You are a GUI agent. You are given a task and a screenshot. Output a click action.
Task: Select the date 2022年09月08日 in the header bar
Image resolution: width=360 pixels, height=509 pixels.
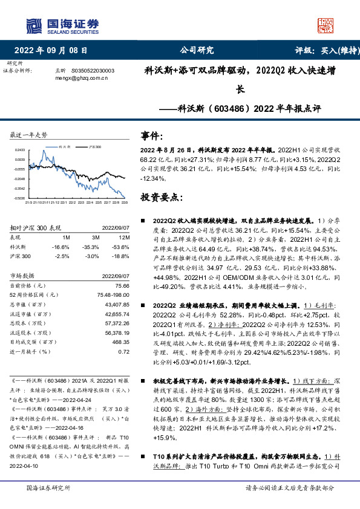tap(54, 50)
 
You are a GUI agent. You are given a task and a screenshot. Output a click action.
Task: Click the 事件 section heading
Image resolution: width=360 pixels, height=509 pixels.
tap(152, 135)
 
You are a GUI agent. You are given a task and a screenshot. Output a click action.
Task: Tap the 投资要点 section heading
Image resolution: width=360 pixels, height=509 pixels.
tap(162, 197)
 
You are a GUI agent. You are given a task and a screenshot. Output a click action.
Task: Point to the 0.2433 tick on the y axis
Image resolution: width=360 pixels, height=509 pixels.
tap(20, 149)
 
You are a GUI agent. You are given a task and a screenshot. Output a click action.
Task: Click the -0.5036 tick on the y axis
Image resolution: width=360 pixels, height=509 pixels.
tap(20, 198)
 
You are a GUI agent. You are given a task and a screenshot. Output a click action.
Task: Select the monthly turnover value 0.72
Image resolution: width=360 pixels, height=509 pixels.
tap(124, 351)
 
